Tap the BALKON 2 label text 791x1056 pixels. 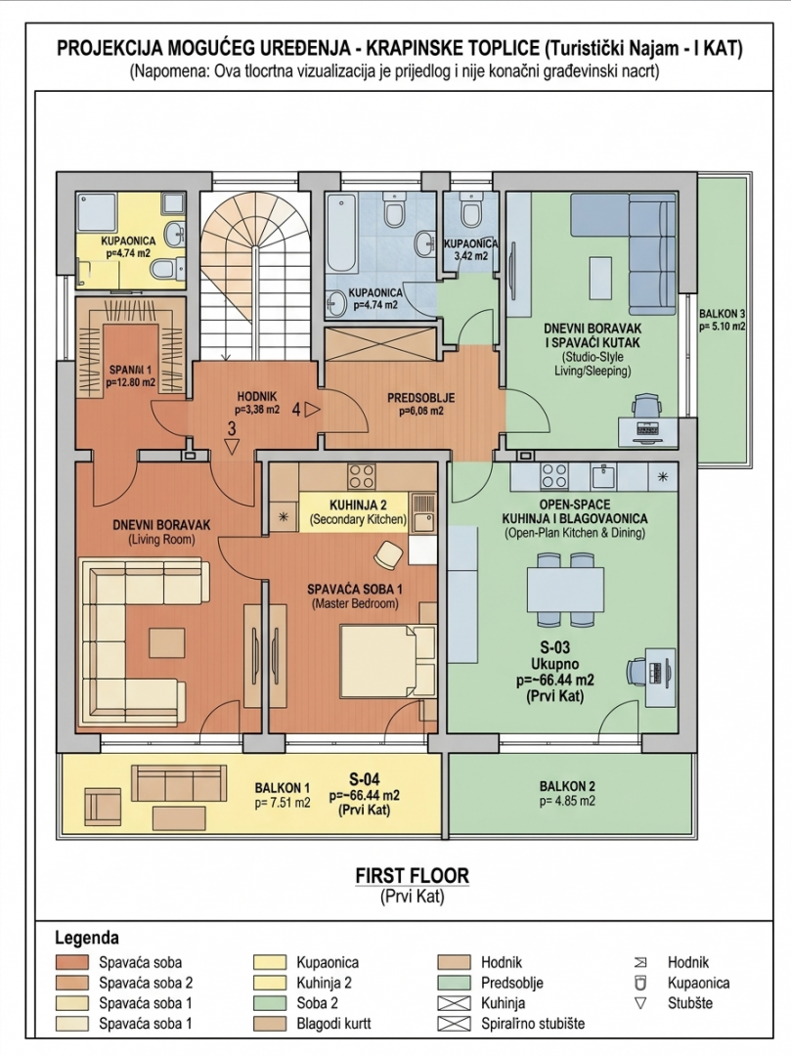pos(566,786)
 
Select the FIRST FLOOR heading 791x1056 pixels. pos(412,876)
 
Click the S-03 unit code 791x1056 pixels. pos(555,647)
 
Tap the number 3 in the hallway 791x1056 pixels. pos(232,428)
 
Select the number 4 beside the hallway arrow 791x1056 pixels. pos(295,411)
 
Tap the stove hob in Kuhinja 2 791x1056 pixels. pos(362,476)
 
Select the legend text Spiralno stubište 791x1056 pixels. pos(532,1024)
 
